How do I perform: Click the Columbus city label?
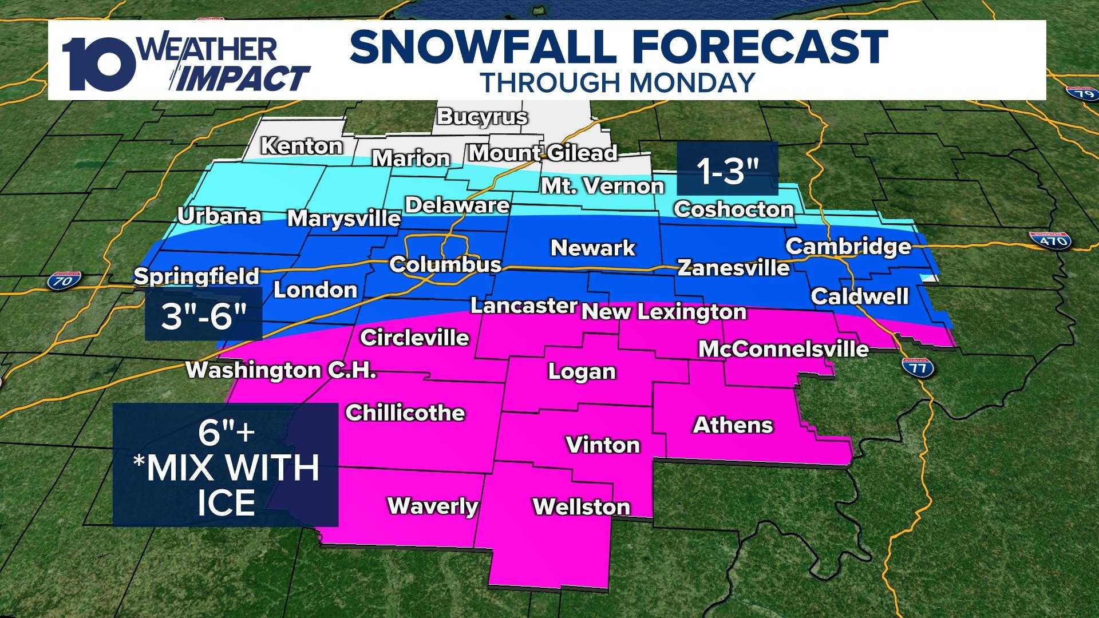pyautogui.click(x=445, y=264)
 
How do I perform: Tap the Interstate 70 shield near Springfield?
pyautogui.click(x=63, y=280)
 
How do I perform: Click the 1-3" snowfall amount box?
pyautogui.click(x=728, y=169)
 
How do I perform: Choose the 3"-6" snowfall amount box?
pyautogui.click(x=203, y=314)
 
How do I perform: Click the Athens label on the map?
pyautogui.click(x=733, y=425)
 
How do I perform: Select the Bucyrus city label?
pyautogui.click(x=481, y=117)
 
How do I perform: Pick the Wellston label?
pyautogui.click(x=581, y=506)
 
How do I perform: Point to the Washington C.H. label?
pyautogui.click(x=281, y=370)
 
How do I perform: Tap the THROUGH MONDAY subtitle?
pyautogui.click(x=618, y=83)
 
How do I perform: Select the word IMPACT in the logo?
pyautogui.click(x=243, y=78)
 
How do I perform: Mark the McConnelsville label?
pyautogui.click(x=783, y=349)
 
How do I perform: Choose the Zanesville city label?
pyautogui.click(x=733, y=267)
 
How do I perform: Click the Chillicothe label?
pyautogui.click(x=405, y=413)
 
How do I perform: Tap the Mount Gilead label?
pyautogui.click(x=543, y=153)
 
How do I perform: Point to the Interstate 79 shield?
pyautogui.click(x=1081, y=93)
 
